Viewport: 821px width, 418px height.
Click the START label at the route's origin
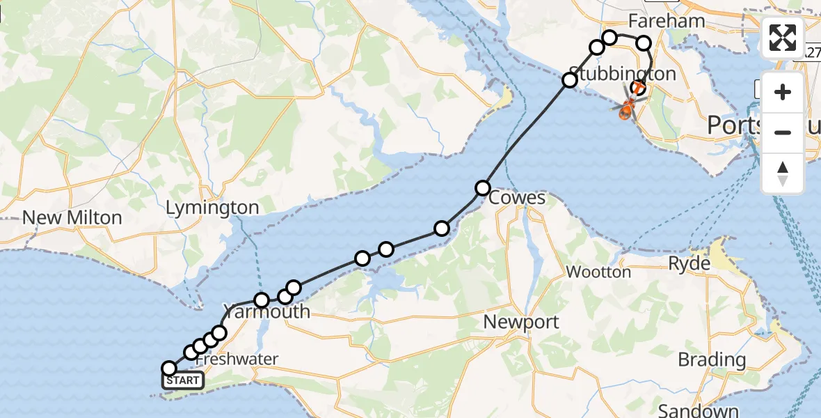click(x=184, y=380)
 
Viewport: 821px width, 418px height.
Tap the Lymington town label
click(x=212, y=207)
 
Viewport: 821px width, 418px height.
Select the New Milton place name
click(x=72, y=217)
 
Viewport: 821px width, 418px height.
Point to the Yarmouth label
click(x=266, y=311)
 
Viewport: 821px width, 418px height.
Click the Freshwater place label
click(x=237, y=359)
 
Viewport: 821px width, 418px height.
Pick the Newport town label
click(x=522, y=322)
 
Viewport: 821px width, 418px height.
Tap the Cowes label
click(x=517, y=198)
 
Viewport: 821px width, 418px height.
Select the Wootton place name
click(x=598, y=272)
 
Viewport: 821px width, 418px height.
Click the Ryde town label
click(x=689, y=264)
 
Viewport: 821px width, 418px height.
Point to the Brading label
click(x=712, y=360)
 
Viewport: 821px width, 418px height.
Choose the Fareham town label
click(x=667, y=21)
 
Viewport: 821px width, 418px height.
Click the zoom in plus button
click(x=783, y=92)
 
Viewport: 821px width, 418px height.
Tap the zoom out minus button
click(x=783, y=132)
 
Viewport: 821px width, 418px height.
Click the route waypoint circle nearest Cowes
click(x=482, y=187)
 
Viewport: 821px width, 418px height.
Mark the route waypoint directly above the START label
click(x=168, y=368)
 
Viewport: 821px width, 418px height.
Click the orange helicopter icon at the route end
click(x=627, y=109)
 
